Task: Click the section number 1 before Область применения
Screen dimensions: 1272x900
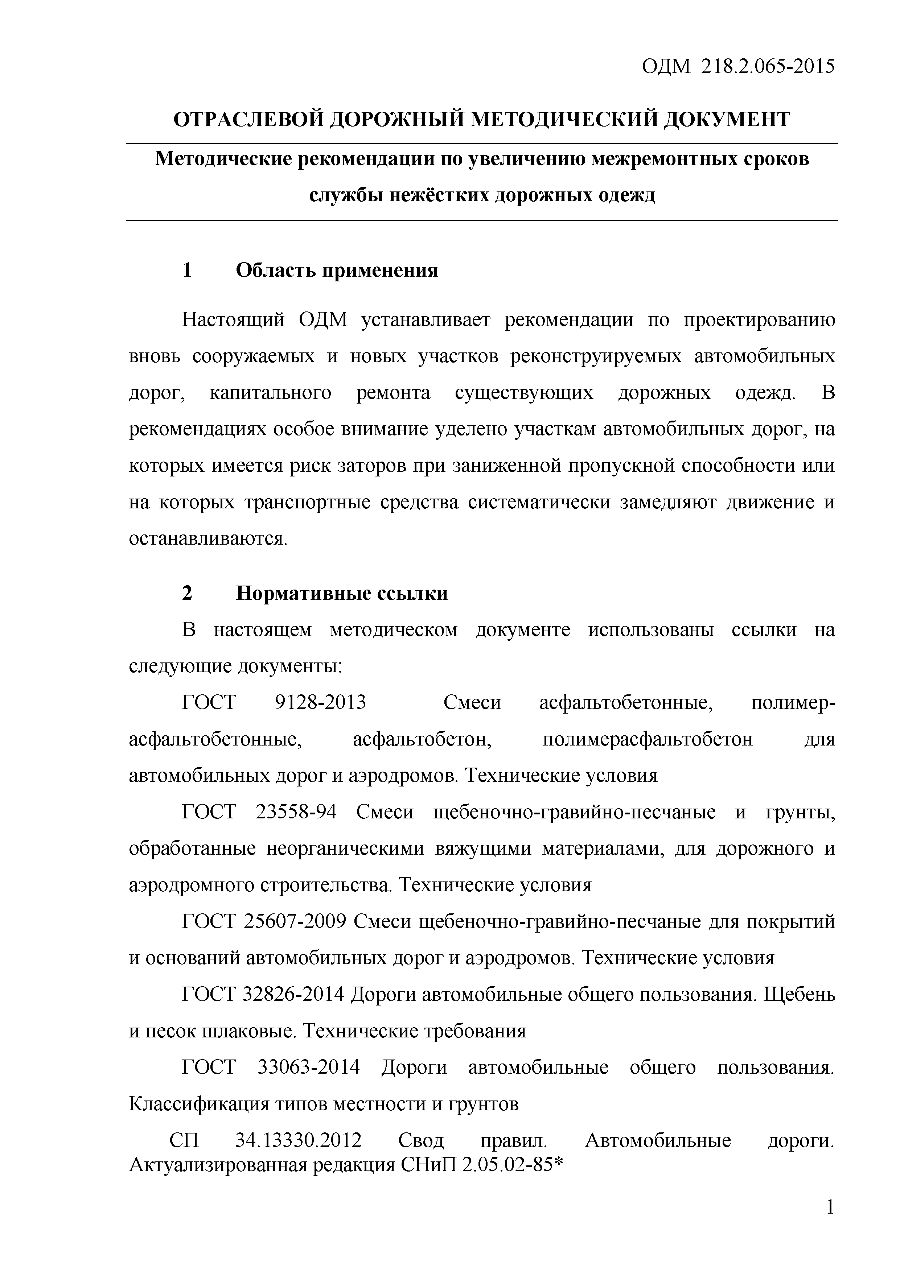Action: [187, 270]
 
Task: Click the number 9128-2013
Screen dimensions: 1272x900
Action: [320, 702]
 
